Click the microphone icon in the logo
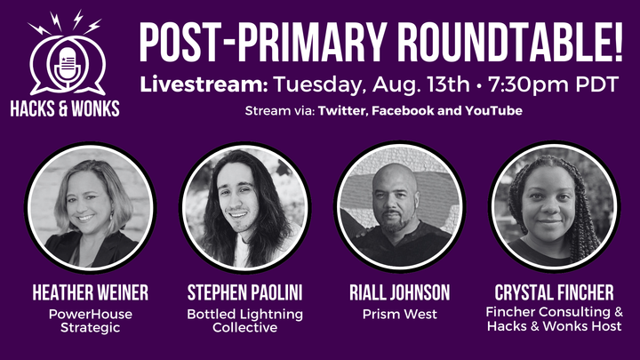pyautogui.click(x=66, y=65)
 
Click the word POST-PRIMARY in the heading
pyautogui.click(x=252, y=39)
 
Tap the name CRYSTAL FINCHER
pyautogui.click(x=555, y=292)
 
